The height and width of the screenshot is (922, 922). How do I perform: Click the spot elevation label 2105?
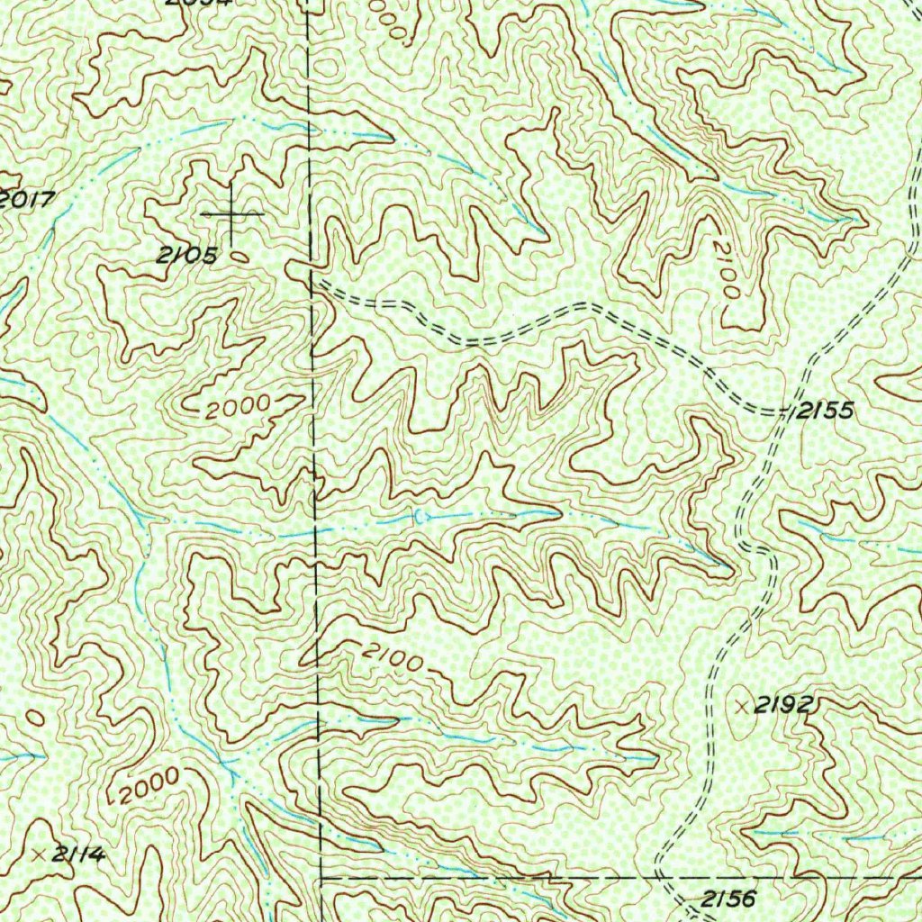pyautogui.click(x=187, y=256)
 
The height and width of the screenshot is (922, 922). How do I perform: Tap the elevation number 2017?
pyautogui.click(x=27, y=199)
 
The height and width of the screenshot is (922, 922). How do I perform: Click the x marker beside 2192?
pyautogui.click(x=742, y=707)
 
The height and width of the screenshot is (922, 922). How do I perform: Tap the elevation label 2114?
pyautogui.click(x=77, y=854)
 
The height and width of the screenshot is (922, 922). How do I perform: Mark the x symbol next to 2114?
pyautogui.click(x=38, y=853)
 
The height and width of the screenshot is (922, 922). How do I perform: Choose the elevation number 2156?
pyautogui.click(x=729, y=898)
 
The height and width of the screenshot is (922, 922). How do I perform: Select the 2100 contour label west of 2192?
pyautogui.click(x=393, y=659)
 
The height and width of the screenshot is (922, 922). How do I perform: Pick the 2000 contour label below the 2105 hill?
pyautogui.click(x=236, y=408)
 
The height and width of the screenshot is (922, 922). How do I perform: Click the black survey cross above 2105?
pyautogui.click(x=232, y=214)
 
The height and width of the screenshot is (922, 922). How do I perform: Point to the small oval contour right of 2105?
pyautogui.click(x=240, y=256)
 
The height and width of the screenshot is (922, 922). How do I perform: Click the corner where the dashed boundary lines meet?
pyautogui.click(x=321, y=875)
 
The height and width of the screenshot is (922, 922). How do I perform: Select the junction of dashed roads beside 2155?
pyautogui.click(x=782, y=412)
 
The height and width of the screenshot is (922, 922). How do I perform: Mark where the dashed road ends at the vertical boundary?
pyautogui.click(x=312, y=282)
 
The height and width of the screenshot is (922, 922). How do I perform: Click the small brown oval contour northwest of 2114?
pyautogui.click(x=34, y=718)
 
